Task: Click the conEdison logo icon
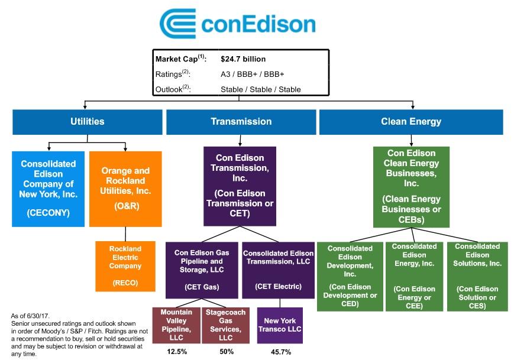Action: pyautogui.click(x=177, y=24)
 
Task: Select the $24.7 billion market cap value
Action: pyautogui.click(x=243, y=59)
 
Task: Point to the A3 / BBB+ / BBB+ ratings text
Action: pyautogui.click(x=252, y=74)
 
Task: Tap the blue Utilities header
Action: pyautogui.click(x=87, y=122)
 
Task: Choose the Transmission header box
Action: pyautogui.click(x=241, y=122)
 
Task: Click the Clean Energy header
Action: pyautogui.click(x=411, y=122)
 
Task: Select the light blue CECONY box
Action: pyautogui.click(x=48, y=189)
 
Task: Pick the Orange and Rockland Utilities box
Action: pyautogui.click(x=125, y=189)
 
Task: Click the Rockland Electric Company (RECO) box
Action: pyautogui.click(x=125, y=267)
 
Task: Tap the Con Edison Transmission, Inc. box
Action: pyautogui.click(x=240, y=186)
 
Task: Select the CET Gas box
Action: pyautogui.click(x=202, y=270)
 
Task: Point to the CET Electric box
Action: pyautogui.click(x=279, y=270)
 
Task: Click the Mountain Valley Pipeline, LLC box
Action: pyautogui.click(x=176, y=325)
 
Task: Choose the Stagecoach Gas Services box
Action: pyautogui.click(x=225, y=325)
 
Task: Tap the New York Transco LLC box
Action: pyautogui.click(x=280, y=325)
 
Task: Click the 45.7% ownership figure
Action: pyautogui.click(x=281, y=352)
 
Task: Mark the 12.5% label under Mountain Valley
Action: pyautogui.click(x=177, y=352)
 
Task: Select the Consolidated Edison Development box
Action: pyautogui.click(x=350, y=277)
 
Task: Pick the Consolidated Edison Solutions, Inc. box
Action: pyautogui.click(x=477, y=277)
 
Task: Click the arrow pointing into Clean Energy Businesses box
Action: pyautogui.click(x=411, y=141)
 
